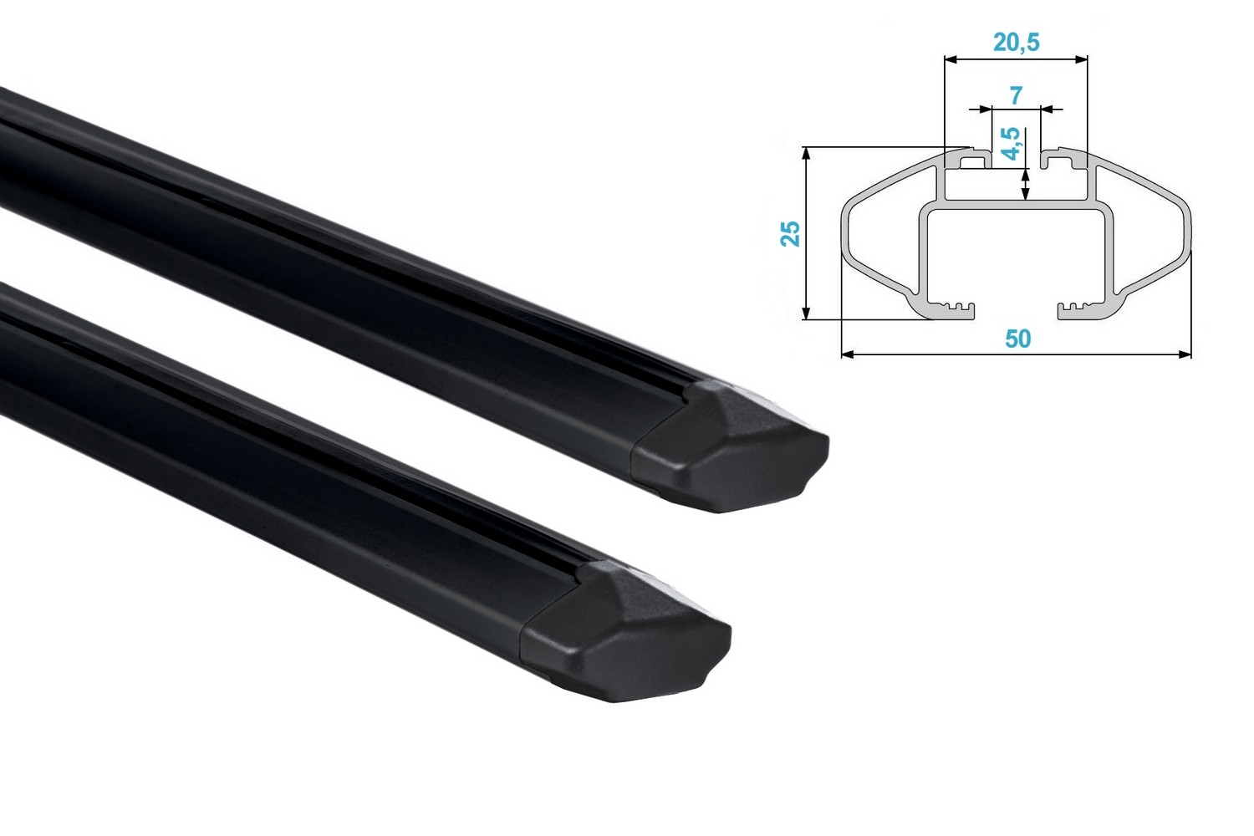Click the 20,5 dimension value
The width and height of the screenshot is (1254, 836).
[1016, 42]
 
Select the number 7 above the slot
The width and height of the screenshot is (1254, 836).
[1016, 95]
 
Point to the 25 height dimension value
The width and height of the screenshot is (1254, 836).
[790, 233]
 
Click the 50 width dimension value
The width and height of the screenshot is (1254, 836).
[1017, 339]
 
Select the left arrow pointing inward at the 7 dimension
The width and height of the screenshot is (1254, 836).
[983, 109]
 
